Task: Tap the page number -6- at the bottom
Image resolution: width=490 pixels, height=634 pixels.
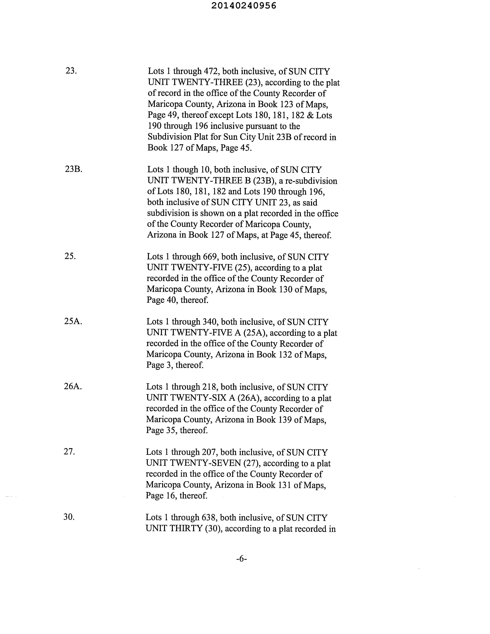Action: (x=242, y=559)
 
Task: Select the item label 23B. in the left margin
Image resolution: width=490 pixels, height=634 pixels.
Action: (x=74, y=169)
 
